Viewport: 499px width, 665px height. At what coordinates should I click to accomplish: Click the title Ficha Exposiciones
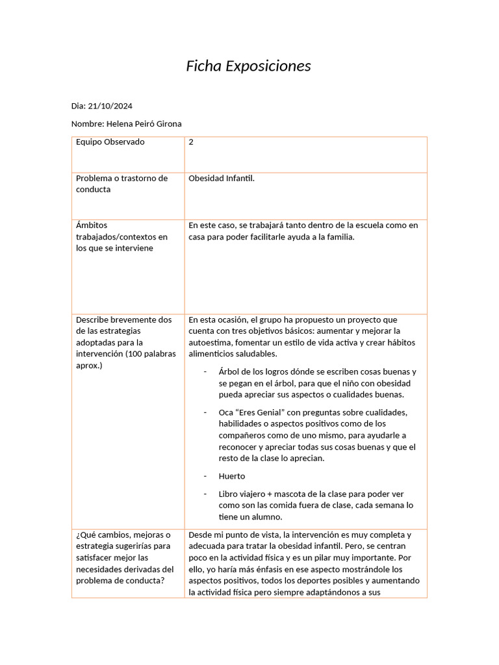click(x=249, y=66)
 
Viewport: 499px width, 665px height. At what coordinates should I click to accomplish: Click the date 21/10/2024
click(x=110, y=106)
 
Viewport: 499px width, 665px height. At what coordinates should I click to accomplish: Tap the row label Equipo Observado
click(x=110, y=142)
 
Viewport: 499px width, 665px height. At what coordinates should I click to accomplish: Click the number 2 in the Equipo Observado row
click(x=191, y=142)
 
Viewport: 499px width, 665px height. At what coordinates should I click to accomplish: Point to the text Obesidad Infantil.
click(x=222, y=178)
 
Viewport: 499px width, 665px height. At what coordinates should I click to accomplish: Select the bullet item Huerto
click(x=232, y=476)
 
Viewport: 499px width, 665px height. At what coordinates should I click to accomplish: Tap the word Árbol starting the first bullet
click(x=230, y=371)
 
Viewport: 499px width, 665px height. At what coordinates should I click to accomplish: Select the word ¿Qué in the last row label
click(x=86, y=535)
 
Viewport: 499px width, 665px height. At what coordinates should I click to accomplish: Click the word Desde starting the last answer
click(x=200, y=535)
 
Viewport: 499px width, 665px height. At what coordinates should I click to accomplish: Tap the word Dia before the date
click(x=77, y=106)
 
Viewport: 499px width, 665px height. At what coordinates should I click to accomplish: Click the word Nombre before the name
click(x=86, y=123)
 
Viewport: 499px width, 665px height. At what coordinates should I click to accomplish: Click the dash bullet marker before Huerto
click(x=205, y=476)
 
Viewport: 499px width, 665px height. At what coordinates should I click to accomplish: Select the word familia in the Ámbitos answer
click(x=339, y=237)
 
